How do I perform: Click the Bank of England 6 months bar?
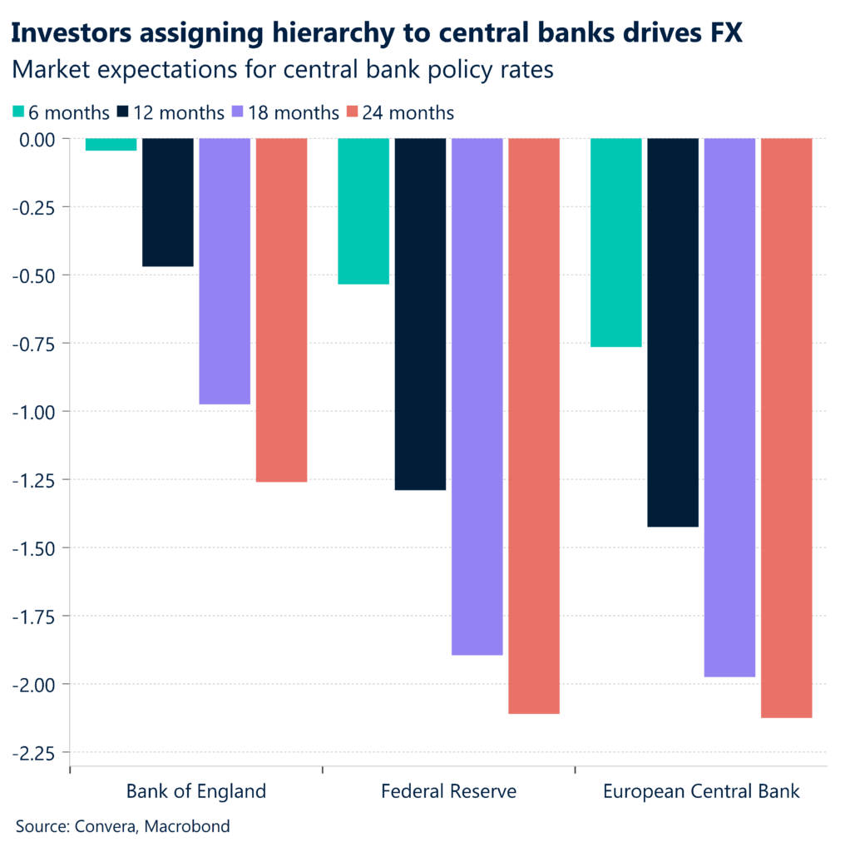click(111, 145)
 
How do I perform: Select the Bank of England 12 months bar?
click(168, 202)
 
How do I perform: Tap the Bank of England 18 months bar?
click(225, 271)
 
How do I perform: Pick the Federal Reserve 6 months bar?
click(363, 211)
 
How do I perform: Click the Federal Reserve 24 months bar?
click(533, 426)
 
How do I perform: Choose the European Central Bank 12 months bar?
click(673, 333)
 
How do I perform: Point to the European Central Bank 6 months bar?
click(616, 242)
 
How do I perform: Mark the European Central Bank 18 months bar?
click(729, 408)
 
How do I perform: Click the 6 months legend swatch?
click(19, 112)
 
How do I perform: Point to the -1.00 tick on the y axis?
click(39, 412)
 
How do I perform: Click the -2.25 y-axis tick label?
click(39, 753)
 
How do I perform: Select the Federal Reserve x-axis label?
click(448, 790)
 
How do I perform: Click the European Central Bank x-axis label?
click(701, 790)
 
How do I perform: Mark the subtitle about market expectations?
click(282, 71)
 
